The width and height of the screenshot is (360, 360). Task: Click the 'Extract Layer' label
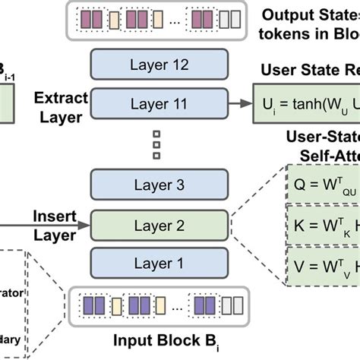pos(62,107)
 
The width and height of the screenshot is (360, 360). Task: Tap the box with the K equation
pos(318,227)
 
